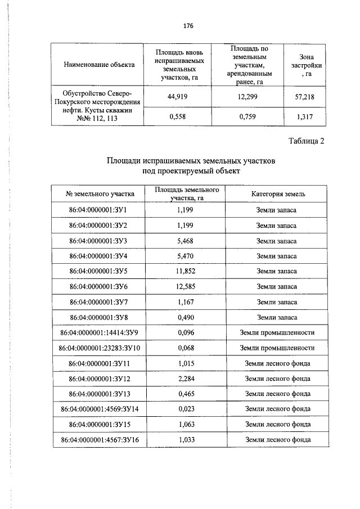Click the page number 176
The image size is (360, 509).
[188, 26]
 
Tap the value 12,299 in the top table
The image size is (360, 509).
[247, 97]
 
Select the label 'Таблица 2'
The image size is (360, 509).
[307, 141]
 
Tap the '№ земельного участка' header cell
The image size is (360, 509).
[100, 194]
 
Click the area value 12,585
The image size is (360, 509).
[185, 287]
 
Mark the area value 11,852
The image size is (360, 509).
[185, 271]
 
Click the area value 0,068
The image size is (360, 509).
[185, 348]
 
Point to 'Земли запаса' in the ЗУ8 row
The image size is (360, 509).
[276, 318]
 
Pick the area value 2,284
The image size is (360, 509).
[185, 379]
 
